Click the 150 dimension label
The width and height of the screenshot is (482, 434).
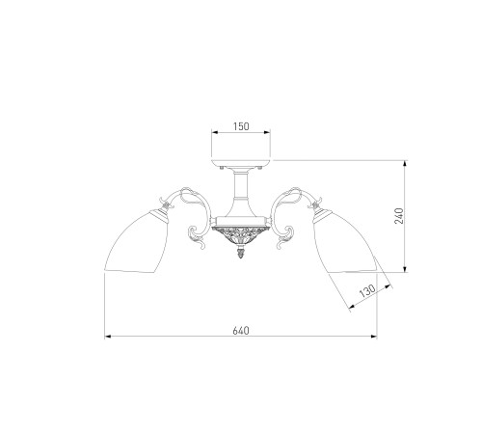[241, 126]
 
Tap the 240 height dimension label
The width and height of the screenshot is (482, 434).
[399, 216]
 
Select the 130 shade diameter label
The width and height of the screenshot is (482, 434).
[367, 290]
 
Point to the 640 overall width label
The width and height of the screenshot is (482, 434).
[241, 330]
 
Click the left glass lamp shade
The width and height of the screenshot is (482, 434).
[137, 241]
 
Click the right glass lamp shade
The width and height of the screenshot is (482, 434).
[345, 241]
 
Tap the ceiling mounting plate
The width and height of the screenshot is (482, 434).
[241, 163]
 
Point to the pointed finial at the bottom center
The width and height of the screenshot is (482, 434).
[241, 253]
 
